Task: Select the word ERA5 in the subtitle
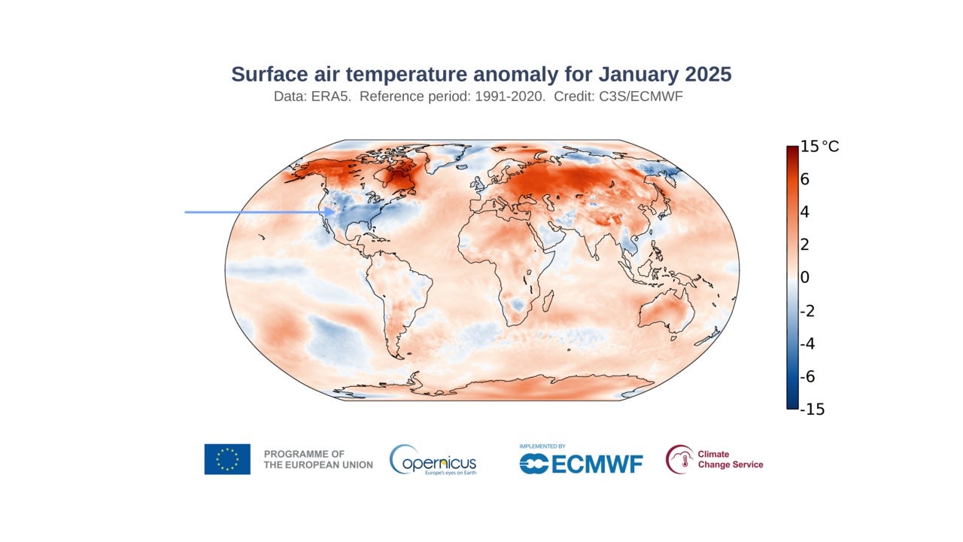[331, 98]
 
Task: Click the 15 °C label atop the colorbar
[819, 146]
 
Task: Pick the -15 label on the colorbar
[813, 410]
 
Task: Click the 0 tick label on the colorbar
[805, 278]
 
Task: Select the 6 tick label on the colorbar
[805, 179]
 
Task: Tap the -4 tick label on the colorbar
[808, 343]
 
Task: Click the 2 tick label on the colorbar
[805, 245]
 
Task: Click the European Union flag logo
[227, 459]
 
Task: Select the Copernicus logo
[433, 460]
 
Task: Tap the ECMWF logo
[581, 464]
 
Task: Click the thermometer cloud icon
[679, 459]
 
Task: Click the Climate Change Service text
[730, 459]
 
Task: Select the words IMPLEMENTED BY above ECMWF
[542, 446]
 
